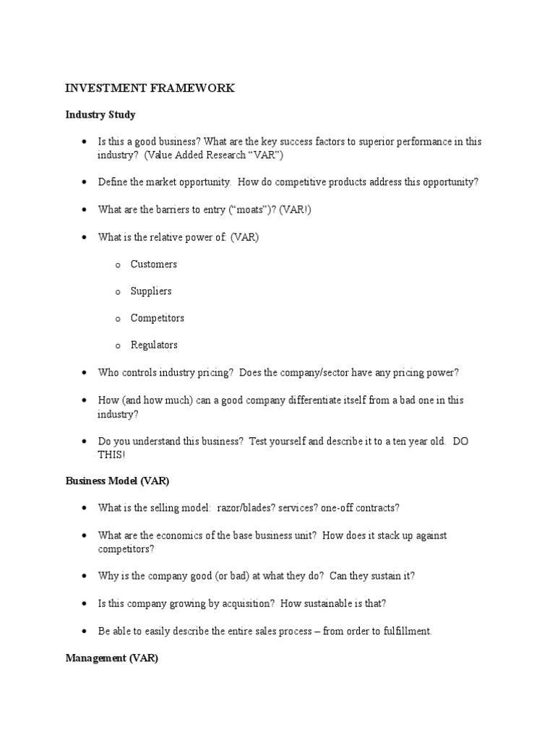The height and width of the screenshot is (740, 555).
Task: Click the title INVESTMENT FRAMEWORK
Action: click(x=150, y=88)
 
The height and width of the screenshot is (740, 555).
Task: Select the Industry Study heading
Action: click(x=100, y=115)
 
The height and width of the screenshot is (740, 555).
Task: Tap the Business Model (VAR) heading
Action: click(x=117, y=481)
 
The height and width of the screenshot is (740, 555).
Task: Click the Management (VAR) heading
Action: click(x=112, y=658)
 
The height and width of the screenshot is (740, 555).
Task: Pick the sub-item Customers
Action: click(x=153, y=264)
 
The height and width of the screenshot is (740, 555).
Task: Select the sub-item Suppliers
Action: click(x=151, y=291)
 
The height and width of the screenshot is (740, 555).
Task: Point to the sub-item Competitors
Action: click(x=157, y=318)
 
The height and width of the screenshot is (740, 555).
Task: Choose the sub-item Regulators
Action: click(x=154, y=345)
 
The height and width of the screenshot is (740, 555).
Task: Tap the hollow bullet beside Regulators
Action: click(x=117, y=346)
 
